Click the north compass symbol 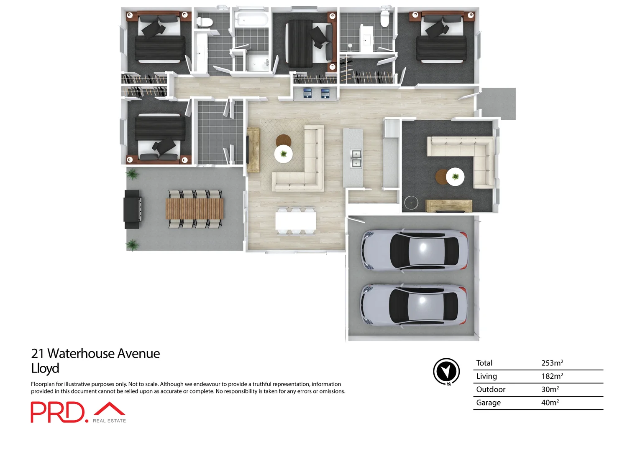point(446,371)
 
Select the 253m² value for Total point(552,363)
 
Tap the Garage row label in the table point(488,403)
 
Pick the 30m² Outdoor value point(550,389)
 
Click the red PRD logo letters point(57,412)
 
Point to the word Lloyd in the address point(45,368)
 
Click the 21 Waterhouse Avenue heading point(95,353)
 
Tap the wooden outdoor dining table point(195,209)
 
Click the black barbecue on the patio point(132,209)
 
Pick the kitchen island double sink point(356,159)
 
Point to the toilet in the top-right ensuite point(385,18)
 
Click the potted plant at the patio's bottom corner point(132,245)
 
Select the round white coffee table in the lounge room point(455,177)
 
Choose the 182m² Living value point(552,376)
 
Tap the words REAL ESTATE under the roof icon point(109,421)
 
